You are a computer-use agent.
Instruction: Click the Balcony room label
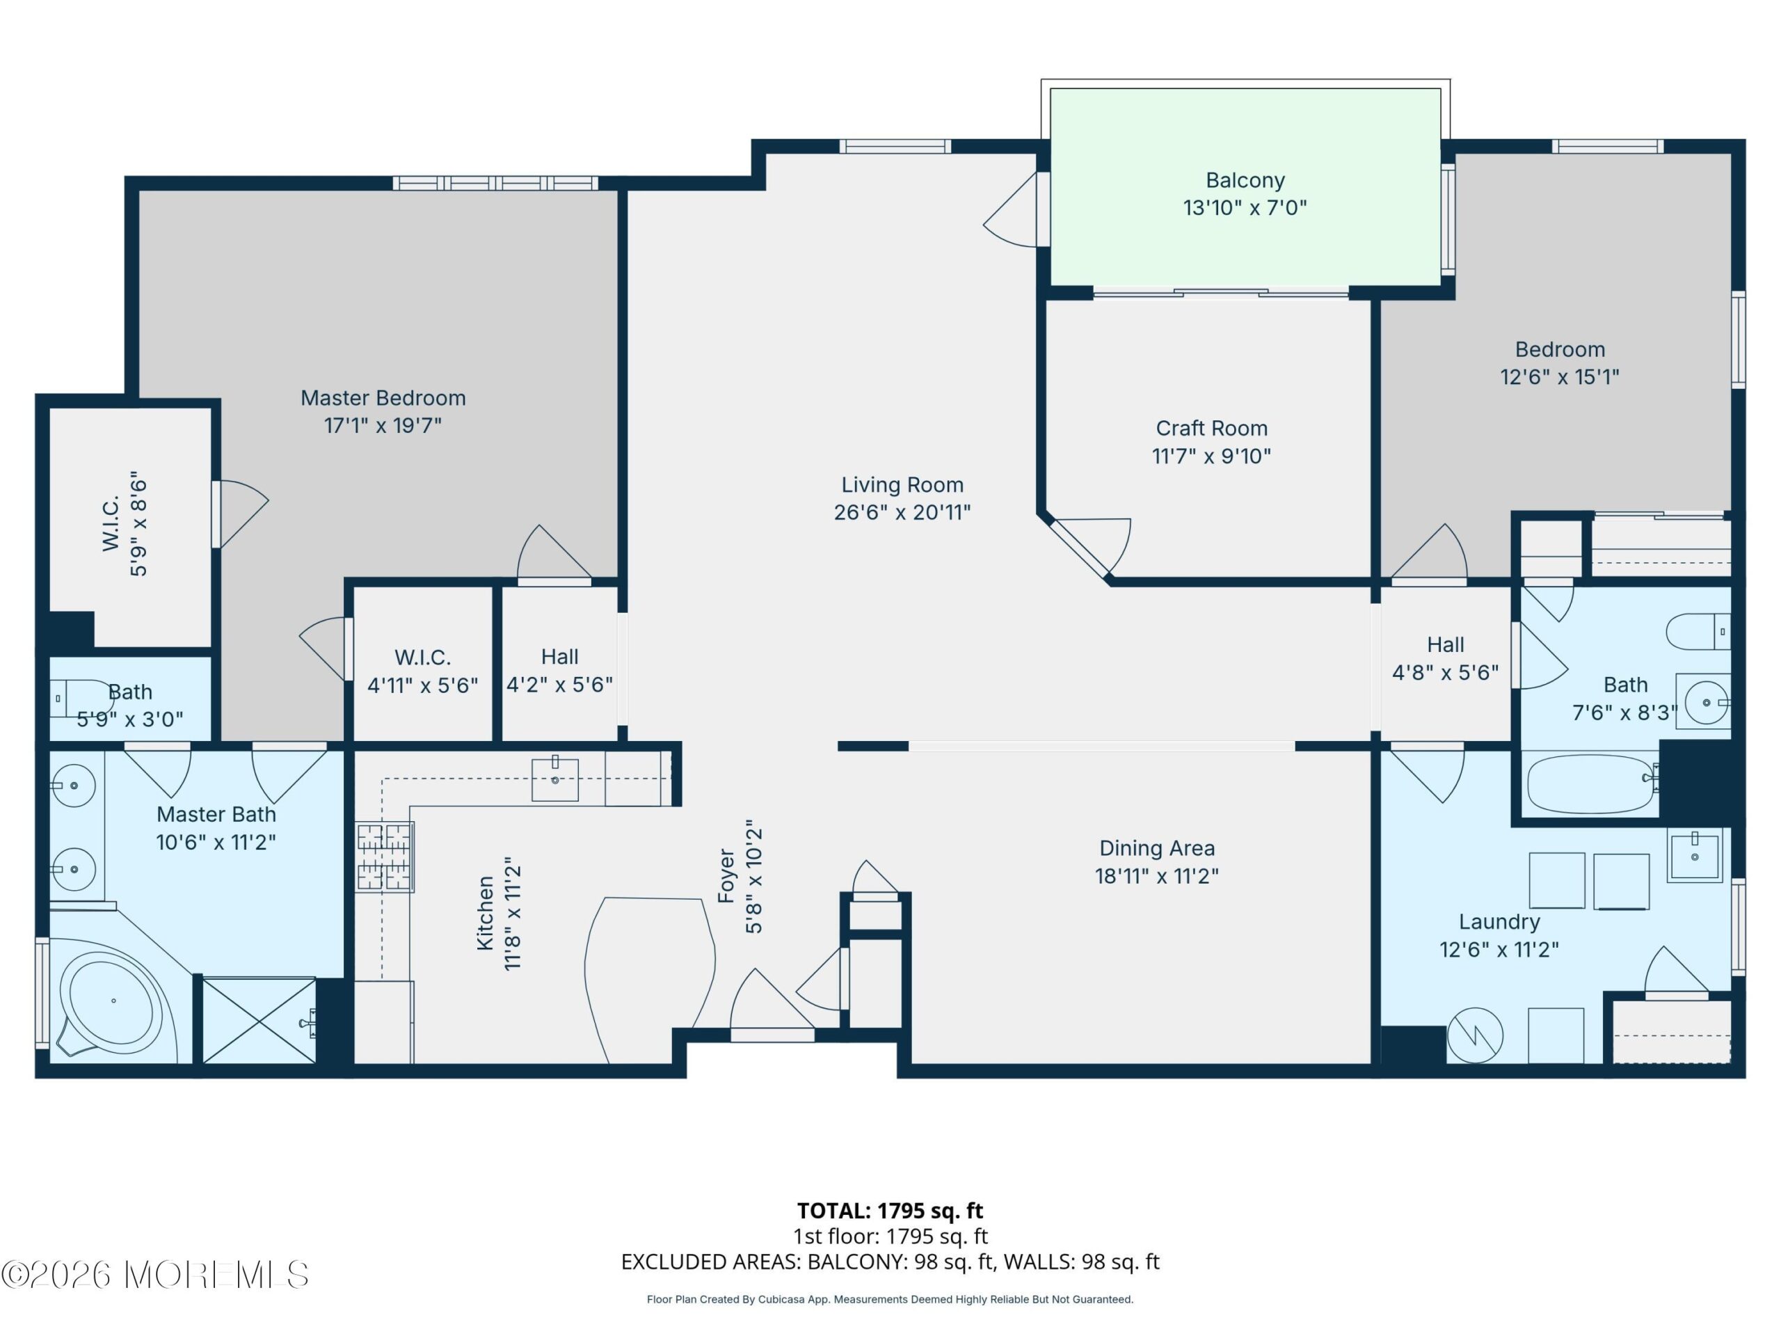point(1245,180)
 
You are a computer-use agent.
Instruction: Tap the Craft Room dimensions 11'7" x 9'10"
point(1211,456)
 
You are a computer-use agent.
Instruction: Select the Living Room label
point(902,485)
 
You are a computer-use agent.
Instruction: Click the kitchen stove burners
point(385,857)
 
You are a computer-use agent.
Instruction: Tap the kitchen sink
point(554,779)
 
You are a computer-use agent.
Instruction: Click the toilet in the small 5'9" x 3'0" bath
point(81,698)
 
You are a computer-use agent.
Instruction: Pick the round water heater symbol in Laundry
point(1475,1035)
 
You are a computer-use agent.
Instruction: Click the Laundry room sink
point(1694,855)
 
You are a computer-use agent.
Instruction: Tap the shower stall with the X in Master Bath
point(259,1020)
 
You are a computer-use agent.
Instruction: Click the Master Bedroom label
point(383,398)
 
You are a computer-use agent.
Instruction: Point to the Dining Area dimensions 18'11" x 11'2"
point(1156,875)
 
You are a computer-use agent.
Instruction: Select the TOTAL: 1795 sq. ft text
point(890,1210)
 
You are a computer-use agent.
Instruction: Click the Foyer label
point(726,875)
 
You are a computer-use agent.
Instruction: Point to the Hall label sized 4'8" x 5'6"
point(1445,644)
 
